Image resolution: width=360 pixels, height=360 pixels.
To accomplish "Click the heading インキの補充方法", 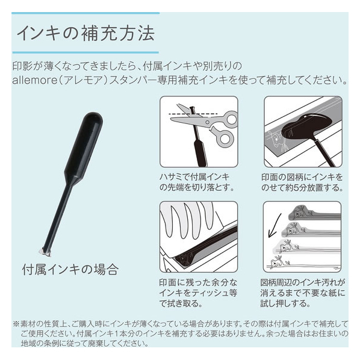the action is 86,34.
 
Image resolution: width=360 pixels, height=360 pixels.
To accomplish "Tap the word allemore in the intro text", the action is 35,80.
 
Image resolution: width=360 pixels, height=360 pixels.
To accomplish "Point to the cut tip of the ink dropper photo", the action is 45,252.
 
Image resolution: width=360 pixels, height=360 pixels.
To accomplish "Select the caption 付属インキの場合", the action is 70,270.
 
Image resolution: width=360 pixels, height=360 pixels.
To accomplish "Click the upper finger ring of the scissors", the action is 231,119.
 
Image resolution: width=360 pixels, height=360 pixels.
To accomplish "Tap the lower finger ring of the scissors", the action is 224,138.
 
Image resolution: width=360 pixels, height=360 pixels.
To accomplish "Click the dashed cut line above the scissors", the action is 193,114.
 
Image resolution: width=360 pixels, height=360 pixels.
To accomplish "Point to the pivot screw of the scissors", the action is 207,122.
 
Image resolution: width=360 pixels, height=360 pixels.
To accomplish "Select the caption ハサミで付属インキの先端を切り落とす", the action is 196,182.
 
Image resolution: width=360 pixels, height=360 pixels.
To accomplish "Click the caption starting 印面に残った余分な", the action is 198,293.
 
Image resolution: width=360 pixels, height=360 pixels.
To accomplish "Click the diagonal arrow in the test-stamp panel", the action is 275,226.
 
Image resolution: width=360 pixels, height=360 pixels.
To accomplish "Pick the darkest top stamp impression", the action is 314,213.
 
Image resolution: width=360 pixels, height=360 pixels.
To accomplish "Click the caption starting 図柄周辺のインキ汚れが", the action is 303,293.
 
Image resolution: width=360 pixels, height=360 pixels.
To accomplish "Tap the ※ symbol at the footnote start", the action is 16,324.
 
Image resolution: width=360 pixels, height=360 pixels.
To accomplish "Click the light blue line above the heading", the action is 85,13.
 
